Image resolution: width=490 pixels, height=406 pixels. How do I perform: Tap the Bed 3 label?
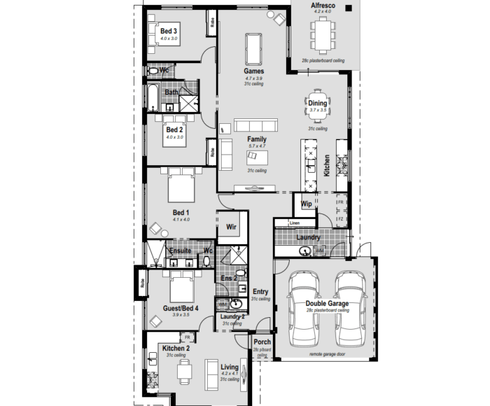click(169, 31)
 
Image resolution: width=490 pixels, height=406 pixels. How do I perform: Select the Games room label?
click(253, 71)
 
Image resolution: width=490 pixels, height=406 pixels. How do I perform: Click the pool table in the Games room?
click(253, 48)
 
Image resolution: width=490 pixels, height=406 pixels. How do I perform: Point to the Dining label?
click(318, 104)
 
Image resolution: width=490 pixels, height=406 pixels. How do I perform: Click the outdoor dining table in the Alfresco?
click(322, 35)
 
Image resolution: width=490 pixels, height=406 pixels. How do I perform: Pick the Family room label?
click(256, 139)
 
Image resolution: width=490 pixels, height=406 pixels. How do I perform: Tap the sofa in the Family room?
click(225, 154)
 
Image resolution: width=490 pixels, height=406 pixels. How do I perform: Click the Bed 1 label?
click(181, 212)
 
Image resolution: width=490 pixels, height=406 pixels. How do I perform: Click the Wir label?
click(232, 227)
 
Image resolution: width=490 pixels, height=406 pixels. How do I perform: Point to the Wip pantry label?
click(306, 204)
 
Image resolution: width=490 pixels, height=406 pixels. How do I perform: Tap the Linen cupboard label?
click(294, 223)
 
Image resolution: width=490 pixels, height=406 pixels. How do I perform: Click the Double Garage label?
click(327, 304)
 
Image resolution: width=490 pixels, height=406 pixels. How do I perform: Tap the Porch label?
click(262, 342)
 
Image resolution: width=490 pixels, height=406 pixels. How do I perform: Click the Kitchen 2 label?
click(176, 348)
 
